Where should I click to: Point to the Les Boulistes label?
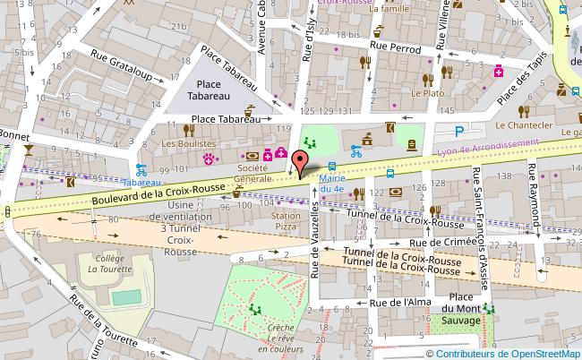tap(188, 143)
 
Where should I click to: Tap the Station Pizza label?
tap(286, 222)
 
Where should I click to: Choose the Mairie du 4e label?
tap(332, 184)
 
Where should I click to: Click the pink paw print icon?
tap(210, 159)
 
